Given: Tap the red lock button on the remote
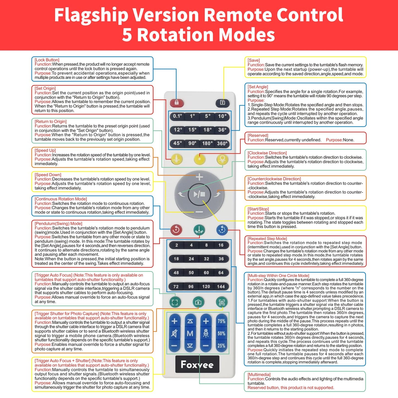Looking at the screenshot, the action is (177, 103).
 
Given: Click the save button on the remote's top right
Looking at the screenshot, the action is (223, 103).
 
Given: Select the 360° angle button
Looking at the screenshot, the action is (222, 143).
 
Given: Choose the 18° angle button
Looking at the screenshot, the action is (207, 130).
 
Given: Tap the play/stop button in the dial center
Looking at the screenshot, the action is (199, 194).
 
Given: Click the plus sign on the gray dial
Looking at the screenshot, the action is (199, 177).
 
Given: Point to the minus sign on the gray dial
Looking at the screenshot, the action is (199, 212).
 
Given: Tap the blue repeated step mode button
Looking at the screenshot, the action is (222, 230).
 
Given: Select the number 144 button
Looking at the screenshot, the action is (221, 286).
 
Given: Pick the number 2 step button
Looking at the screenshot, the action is (177, 245).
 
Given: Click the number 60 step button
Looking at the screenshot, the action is (206, 273).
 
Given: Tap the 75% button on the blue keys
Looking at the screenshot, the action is (221, 321).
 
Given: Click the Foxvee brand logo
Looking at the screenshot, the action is (197, 364).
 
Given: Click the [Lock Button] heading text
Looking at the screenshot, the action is (47, 60).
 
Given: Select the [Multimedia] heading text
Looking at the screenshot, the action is (259, 375).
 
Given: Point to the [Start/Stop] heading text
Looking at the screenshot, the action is (258, 209).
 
